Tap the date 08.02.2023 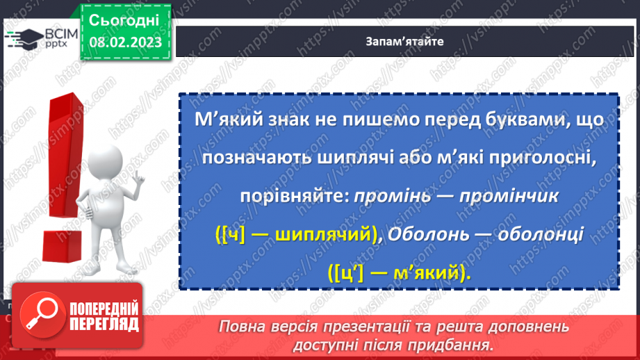(x=125, y=43)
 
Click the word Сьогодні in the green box (x=125, y=19)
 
